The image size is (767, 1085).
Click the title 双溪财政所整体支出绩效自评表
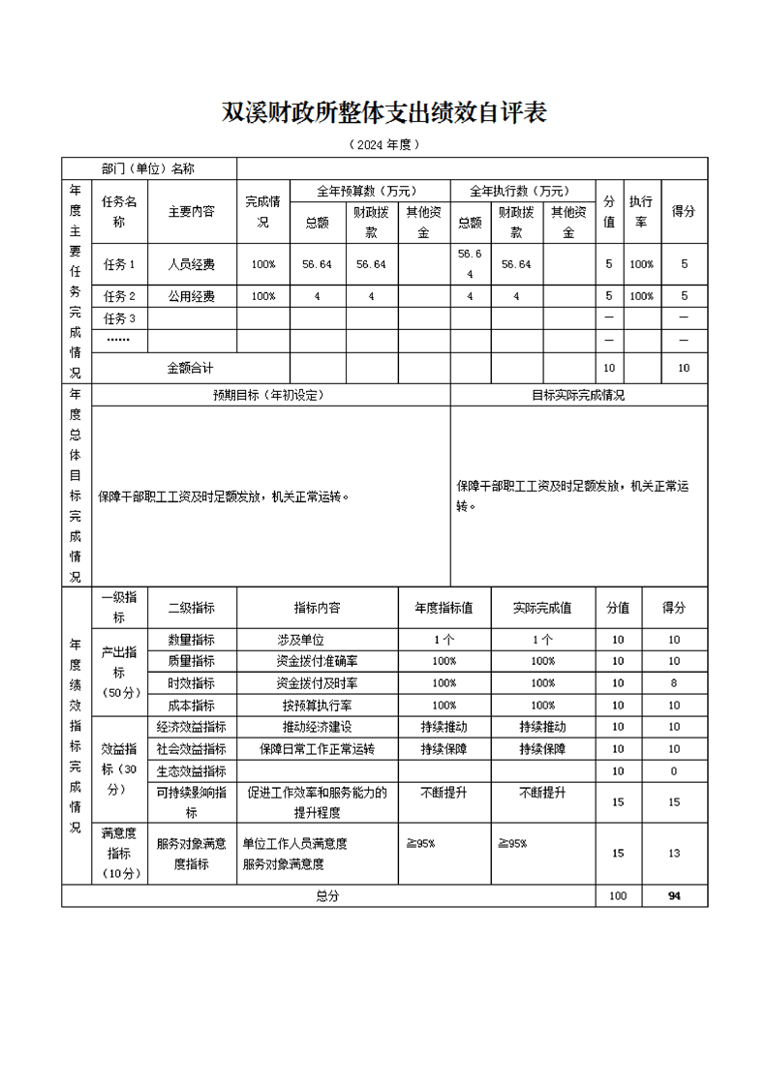[384, 112]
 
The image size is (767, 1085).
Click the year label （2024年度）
[384, 145]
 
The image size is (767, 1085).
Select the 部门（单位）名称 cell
[148, 168]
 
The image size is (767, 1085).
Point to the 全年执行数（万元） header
[521, 191]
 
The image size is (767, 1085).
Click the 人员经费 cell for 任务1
[192, 263]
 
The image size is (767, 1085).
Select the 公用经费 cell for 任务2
[192, 296]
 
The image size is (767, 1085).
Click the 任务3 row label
[119, 318]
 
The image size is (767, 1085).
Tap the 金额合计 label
[191, 368]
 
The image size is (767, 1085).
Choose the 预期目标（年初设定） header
[270, 395]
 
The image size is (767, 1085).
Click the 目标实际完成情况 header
[578, 395]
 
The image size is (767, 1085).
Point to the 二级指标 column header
[192, 608]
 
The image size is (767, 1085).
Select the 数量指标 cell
[192, 640]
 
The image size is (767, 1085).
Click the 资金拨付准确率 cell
[317, 661]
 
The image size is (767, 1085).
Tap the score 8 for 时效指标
[674, 683]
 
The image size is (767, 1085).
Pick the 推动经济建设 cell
[317, 727]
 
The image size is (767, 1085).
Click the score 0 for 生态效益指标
[674, 771]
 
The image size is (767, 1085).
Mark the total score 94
[674, 896]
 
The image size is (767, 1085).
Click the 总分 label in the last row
[327, 896]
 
